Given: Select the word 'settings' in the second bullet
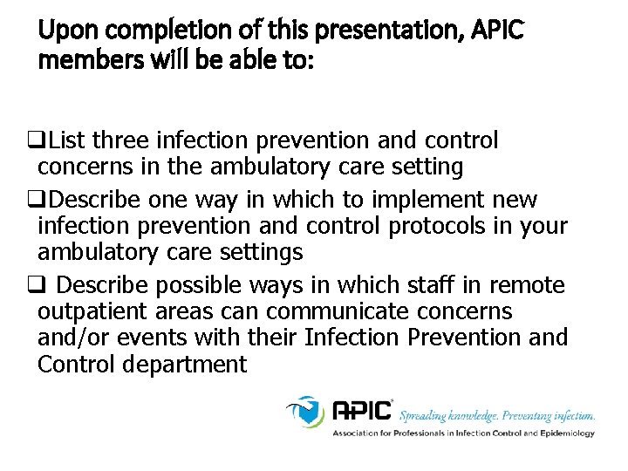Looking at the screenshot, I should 263,252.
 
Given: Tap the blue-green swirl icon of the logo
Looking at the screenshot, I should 305,410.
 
